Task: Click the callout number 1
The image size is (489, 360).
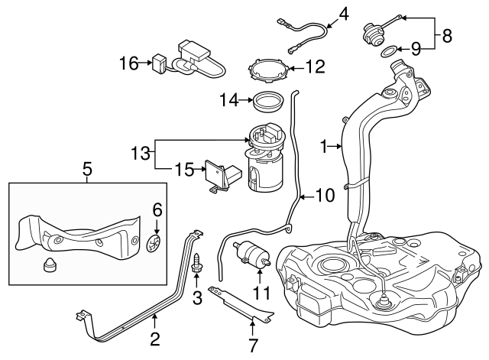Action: click(x=323, y=144)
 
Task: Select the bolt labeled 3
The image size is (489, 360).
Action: click(x=196, y=264)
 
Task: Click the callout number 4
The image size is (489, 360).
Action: click(x=343, y=13)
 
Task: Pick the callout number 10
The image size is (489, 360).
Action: click(x=324, y=196)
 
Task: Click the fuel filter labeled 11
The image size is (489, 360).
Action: click(x=251, y=252)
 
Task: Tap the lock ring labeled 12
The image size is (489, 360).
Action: click(x=269, y=68)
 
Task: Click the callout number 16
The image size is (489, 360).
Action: click(x=128, y=63)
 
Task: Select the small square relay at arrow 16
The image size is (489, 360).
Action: click(x=159, y=61)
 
